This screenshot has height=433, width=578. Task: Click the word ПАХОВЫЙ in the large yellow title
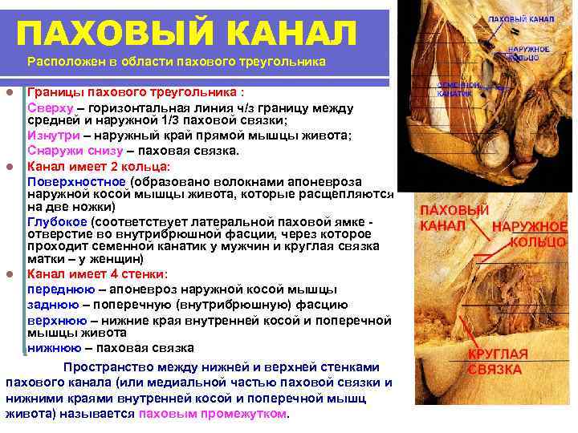(96, 34)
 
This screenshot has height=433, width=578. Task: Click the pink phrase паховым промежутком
(212, 414)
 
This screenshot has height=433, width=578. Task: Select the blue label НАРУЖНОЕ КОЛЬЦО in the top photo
(528, 53)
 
